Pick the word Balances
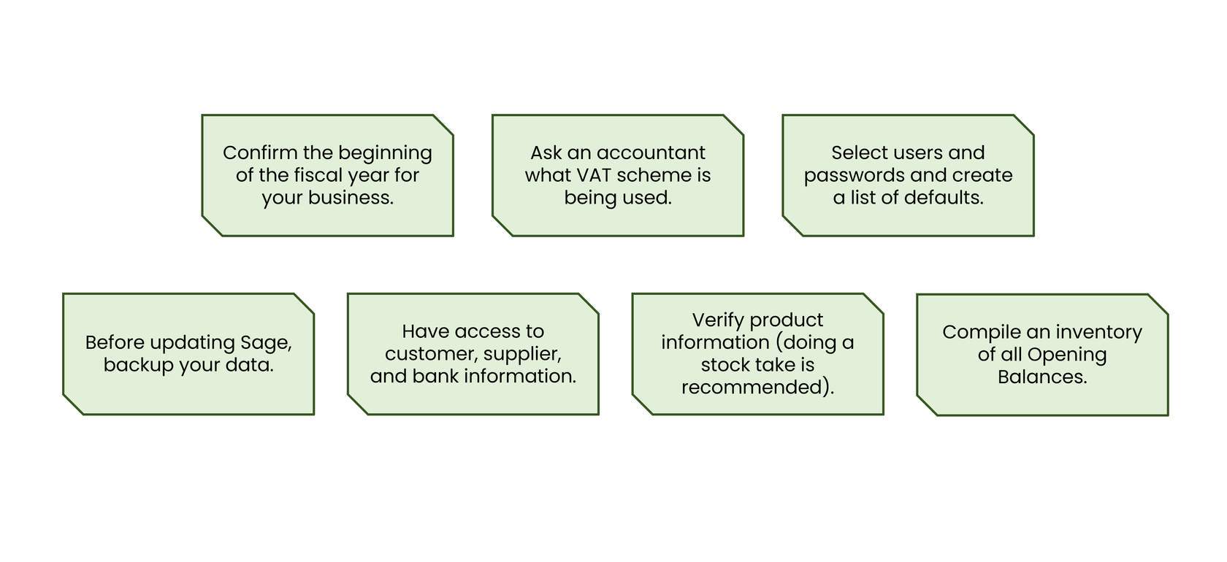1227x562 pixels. click(1042, 377)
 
